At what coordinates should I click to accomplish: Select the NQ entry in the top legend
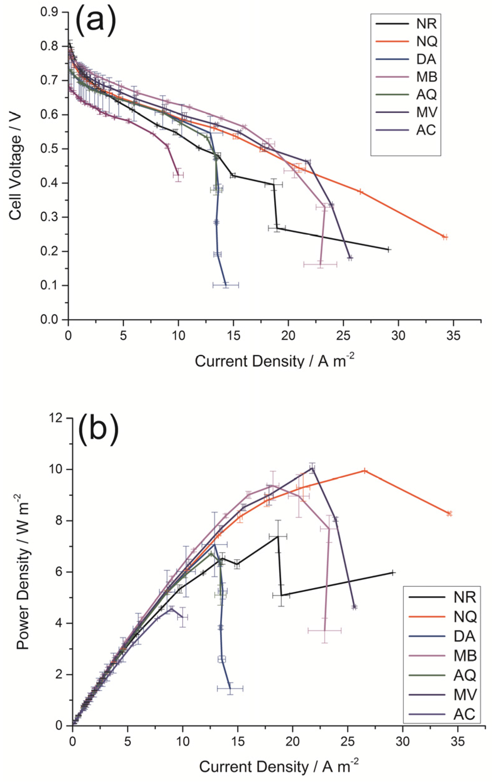(426, 41)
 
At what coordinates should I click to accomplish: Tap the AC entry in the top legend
(426, 130)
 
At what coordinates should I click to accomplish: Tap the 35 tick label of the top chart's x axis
(453, 335)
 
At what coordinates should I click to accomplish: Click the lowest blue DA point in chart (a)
(226, 285)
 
